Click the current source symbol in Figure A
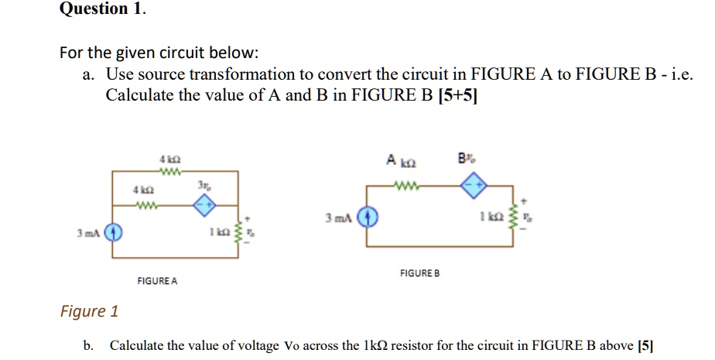click(x=113, y=231)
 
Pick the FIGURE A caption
click(x=156, y=281)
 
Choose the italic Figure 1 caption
click(x=89, y=311)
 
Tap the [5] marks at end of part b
click(x=645, y=345)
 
